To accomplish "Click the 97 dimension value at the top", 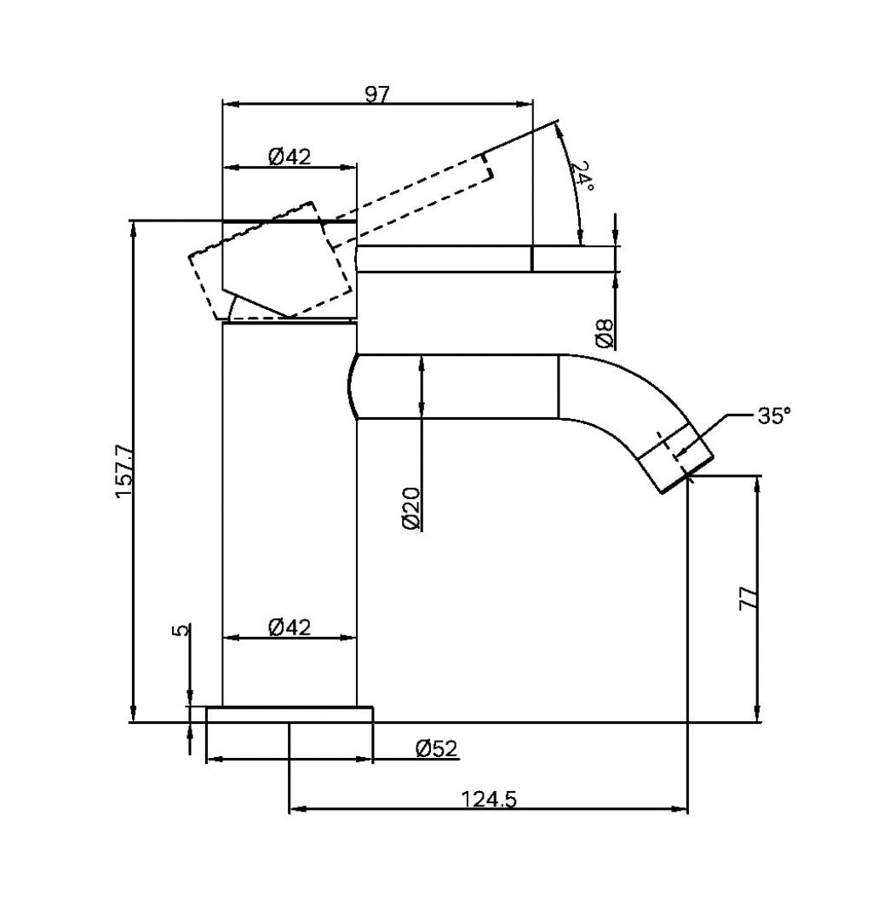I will (x=376, y=94).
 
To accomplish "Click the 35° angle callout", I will (x=772, y=416).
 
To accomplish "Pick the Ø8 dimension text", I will (x=604, y=333).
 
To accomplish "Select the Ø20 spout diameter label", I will (x=410, y=508).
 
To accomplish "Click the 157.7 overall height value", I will (x=123, y=471).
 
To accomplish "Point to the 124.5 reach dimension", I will (x=489, y=800).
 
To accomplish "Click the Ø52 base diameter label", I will (x=436, y=749).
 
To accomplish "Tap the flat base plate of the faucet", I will (x=290, y=714).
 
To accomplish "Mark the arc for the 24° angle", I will (x=572, y=183).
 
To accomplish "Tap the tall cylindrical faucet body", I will (x=290, y=511).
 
